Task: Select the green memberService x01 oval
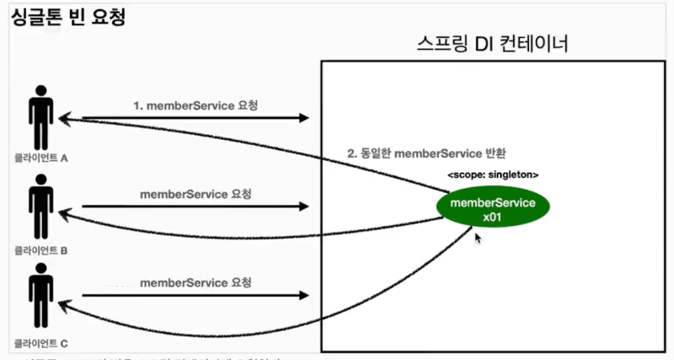pos(493,210)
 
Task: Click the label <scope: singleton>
pos(493,175)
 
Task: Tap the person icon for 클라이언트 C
pos(39,296)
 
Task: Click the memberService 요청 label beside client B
pos(196,193)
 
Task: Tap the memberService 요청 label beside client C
pos(196,282)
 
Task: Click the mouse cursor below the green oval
pos(479,239)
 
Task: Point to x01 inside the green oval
pos(493,218)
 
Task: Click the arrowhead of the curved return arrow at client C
pos(62,309)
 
